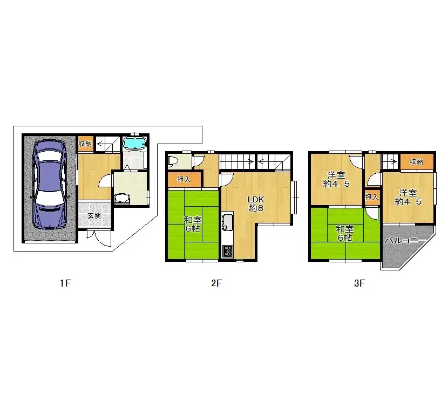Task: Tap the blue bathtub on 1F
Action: pos(135,143)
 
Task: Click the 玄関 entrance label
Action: pos(94,215)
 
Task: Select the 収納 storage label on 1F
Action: pos(85,144)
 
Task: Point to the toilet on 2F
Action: pos(173,160)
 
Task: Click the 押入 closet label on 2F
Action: pos(184,179)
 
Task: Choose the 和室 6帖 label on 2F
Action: pos(193,224)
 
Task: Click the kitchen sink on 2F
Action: pos(227,222)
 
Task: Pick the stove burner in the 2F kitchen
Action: pos(227,251)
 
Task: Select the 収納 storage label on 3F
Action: pos(416,161)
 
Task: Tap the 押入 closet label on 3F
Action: pos(372,198)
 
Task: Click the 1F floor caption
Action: pos(65,283)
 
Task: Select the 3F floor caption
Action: pos(360,283)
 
